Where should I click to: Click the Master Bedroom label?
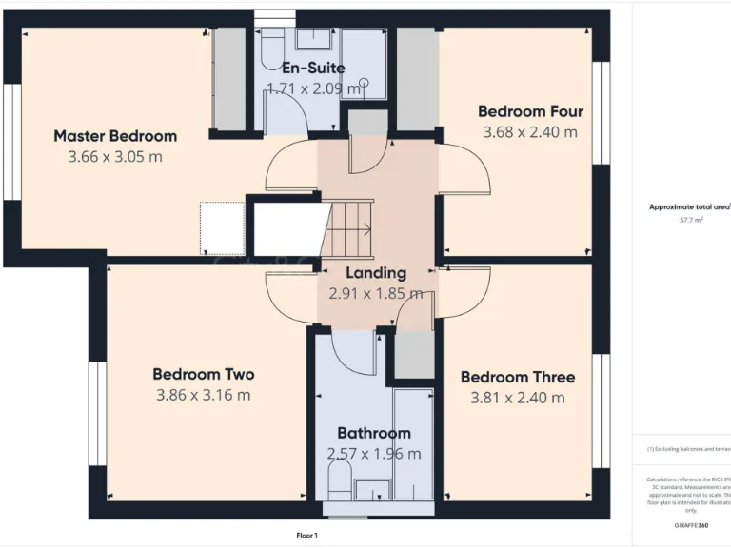115,136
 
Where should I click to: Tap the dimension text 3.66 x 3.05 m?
115,157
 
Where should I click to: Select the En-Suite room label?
313,68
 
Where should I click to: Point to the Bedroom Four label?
530,111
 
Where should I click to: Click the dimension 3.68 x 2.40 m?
530,132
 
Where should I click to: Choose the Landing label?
376,273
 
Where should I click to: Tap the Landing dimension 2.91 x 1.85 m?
376,294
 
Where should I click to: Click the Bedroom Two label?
204,374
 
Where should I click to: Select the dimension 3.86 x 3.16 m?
204,395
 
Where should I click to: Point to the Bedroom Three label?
518,377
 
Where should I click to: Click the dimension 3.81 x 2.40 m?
518,398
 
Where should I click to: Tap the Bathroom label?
374,433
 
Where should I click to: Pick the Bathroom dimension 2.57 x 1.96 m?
374,454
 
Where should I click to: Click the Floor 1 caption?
307,536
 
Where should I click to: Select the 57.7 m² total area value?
691,220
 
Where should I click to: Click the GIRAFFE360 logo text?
691,525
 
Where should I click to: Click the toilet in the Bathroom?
339,480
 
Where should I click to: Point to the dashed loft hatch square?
222,228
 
